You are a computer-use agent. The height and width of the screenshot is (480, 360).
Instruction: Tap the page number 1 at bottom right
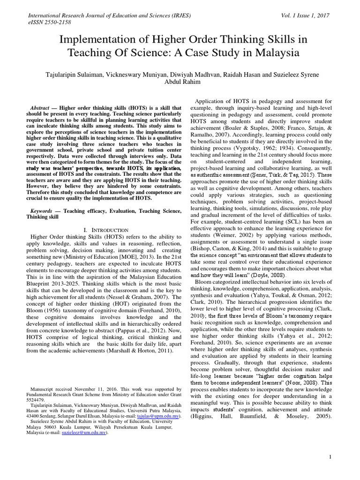click(x=330, y=457)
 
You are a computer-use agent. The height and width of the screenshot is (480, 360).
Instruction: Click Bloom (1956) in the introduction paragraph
click(x=45, y=312)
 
